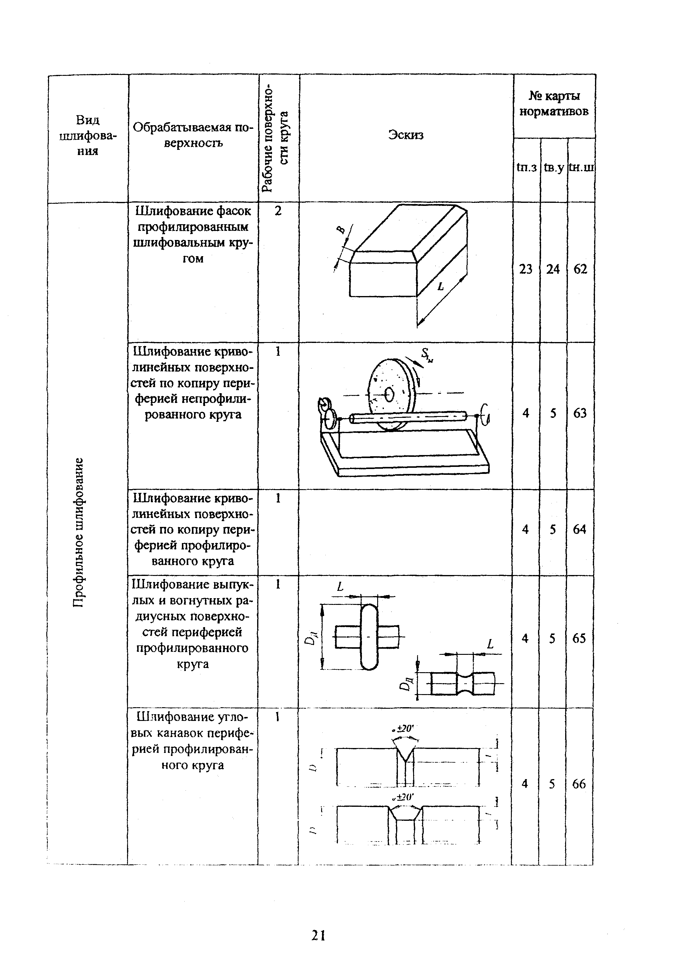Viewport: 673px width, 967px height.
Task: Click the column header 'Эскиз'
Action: click(x=406, y=135)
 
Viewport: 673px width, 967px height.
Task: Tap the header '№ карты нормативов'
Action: click(x=554, y=104)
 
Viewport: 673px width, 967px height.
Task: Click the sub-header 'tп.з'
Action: click(x=526, y=168)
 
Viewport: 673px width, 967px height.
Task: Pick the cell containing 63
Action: click(x=580, y=413)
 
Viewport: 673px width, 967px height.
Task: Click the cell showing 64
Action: click(x=579, y=529)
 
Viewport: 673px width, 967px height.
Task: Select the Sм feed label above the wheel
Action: click(x=427, y=355)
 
